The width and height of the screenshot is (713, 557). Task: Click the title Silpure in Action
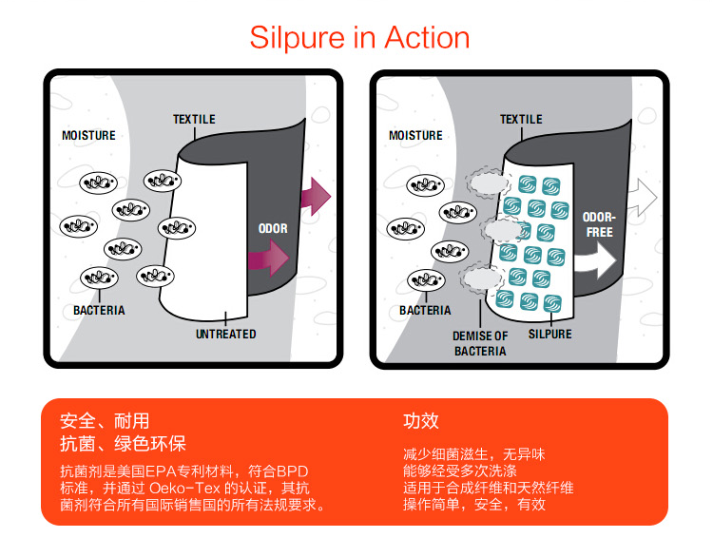(359, 37)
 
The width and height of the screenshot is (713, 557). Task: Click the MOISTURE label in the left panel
(88, 136)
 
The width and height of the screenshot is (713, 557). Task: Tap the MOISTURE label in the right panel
(415, 136)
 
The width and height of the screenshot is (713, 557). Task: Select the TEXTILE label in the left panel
(194, 120)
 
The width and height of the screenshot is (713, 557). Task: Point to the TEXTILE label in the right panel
(521, 120)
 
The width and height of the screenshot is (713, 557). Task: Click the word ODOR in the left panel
(273, 229)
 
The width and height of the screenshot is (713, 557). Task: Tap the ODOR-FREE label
(600, 224)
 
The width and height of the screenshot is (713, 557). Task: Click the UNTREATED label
(225, 335)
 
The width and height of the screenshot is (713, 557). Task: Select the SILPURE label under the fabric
(549, 335)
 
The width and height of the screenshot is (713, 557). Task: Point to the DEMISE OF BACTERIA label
(480, 343)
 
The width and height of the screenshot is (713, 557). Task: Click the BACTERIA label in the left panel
(99, 311)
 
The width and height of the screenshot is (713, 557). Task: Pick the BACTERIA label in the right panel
(425, 311)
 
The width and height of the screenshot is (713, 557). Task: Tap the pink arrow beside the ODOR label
(270, 258)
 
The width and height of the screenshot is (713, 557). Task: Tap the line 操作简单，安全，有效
(473, 505)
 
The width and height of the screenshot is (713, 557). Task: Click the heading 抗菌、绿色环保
(123, 444)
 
